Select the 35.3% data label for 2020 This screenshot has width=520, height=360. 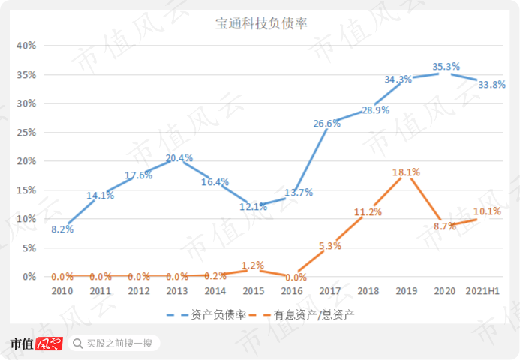click(446, 67)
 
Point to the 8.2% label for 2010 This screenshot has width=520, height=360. click(62, 229)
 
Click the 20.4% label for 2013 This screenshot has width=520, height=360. click(179, 158)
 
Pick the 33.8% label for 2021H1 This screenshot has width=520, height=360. click(491, 85)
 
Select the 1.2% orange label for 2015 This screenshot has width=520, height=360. click(253, 265)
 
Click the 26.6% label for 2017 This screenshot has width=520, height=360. click(326, 124)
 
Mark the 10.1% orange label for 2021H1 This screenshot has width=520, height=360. click(487, 211)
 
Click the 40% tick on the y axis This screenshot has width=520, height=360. click(26, 46)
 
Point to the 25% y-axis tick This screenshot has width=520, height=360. click(26, 132)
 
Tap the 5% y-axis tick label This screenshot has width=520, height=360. click(29, 247)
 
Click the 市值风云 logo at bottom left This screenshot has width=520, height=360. click(36, 343)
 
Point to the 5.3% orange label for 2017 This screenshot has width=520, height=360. click(330, 245)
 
